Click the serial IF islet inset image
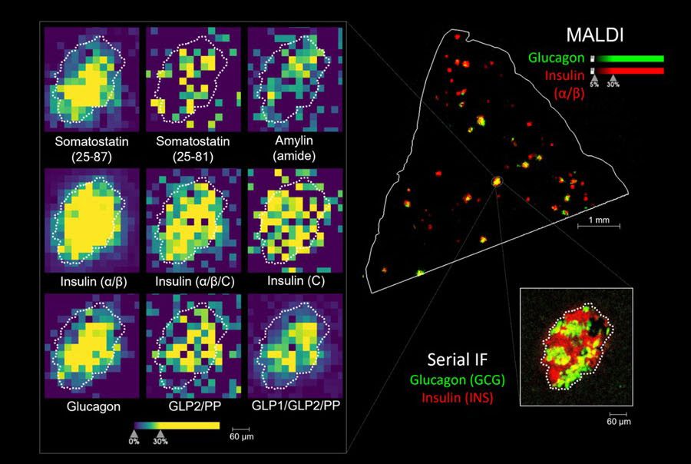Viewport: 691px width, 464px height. pyautogui.click(x=576, y=347)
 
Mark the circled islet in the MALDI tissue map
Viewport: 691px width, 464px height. pyautogui.click(x=496, y=181)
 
